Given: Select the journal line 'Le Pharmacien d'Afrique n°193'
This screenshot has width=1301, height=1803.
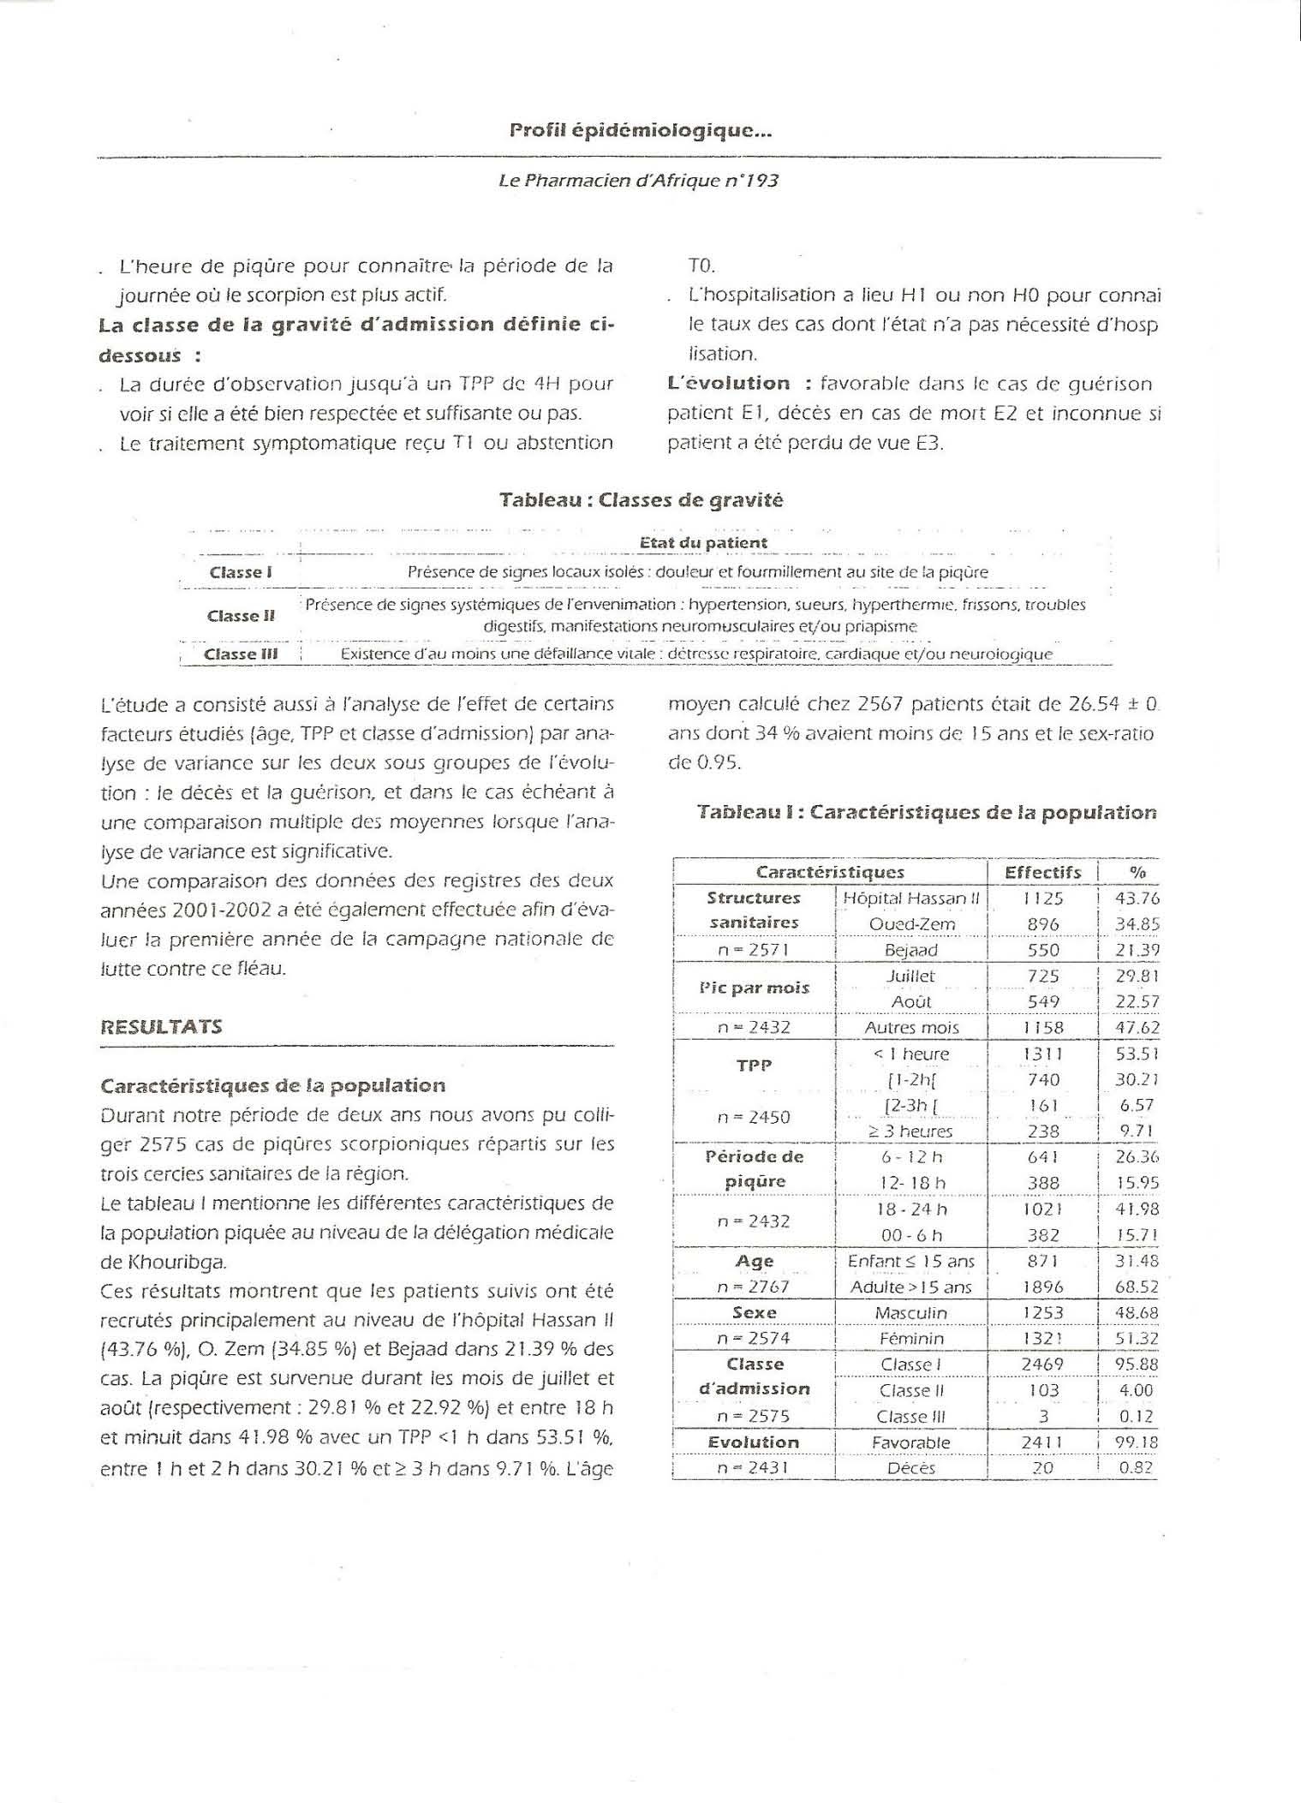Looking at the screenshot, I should (x=638, y=182).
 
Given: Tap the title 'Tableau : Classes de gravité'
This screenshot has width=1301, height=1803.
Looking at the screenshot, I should (x=641, y=500).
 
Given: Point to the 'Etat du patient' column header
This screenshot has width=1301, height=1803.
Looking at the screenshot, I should (x=703, y=542).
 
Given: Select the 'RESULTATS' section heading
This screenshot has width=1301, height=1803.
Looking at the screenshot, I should (x=161, y=1026).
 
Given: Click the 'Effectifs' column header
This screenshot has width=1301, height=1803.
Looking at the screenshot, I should (x=1042, y=872).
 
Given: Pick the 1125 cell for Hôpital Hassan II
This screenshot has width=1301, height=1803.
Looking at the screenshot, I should (x=1042, y=899).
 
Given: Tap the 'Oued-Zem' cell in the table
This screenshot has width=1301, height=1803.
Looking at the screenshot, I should (x=911, y=924).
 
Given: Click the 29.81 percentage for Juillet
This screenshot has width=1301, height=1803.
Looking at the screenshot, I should (x=1136, y=976).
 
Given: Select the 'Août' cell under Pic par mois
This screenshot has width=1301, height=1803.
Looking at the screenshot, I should (x=911, y=1001).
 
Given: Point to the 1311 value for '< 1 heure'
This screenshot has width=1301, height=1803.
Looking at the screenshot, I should (x=1042, y=1054).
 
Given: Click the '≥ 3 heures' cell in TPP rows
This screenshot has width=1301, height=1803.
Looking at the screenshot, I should (x=911, y=1131).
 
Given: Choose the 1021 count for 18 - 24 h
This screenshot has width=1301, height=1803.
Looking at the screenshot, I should (x=1042, y=1209).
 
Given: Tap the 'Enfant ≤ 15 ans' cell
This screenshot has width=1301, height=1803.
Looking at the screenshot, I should (x=911, y=1261).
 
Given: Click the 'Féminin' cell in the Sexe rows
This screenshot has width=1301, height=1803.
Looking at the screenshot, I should (x=911, y=1338).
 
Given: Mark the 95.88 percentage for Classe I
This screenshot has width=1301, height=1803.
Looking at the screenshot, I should (x=1136, y=1364).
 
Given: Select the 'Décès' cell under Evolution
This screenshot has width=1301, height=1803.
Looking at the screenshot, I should (x=911, y=1467).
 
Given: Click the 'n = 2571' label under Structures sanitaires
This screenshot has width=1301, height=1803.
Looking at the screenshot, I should (x=754, y=950).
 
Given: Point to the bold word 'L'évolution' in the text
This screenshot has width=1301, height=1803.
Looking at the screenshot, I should (x=729, y=384).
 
